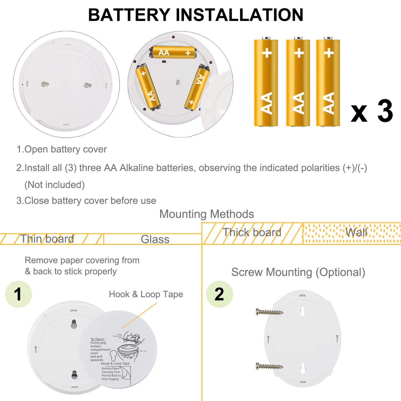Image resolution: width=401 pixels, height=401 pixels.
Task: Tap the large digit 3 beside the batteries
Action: tap(385, 111)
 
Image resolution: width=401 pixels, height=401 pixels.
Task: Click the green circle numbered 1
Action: tap(19, 294)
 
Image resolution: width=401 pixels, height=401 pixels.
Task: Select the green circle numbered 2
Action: tap(220, 294)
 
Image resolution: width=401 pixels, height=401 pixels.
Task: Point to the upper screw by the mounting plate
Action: tap(269, 312)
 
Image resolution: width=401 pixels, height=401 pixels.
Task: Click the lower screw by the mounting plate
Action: tap(269, 366)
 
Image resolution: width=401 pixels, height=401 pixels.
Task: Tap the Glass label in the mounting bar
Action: tap(155, 239)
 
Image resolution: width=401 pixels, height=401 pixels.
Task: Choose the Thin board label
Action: tap(47, 239)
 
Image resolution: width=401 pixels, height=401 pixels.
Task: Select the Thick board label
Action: tap(252, 233)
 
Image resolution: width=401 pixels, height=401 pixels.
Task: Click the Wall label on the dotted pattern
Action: tap(356, 233)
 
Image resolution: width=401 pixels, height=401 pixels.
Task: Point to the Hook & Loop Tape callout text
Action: tap(146, 294)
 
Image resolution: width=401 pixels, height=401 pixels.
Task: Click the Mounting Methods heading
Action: tap(206, 214)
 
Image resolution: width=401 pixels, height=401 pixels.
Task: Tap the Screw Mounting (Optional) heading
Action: tap(298, 272)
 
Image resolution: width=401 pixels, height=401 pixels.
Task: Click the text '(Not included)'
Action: tap(55, 185)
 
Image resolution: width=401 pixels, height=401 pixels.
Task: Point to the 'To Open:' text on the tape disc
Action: tap(98, 339)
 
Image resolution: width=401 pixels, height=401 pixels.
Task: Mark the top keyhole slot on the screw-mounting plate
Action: tap(302, 311)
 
